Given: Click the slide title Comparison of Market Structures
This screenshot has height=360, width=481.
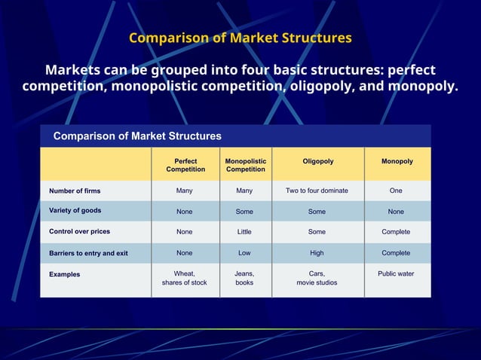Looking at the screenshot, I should tap(240, 38).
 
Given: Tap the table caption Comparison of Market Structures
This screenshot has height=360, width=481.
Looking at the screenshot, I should tap(136, 136).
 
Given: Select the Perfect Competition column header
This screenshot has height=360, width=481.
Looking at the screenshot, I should tap(185, 165).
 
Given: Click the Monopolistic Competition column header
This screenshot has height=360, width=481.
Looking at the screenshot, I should tap(245, 165).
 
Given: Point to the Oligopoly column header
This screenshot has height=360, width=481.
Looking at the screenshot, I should tap(317, 161).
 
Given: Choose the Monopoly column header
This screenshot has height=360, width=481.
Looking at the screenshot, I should tap(397, 161).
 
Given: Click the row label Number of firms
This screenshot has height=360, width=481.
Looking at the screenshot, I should tap(75, 191).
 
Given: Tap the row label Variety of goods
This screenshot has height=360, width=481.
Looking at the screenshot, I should tap(75, 211).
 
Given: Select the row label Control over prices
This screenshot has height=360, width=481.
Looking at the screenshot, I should tap(79, 231).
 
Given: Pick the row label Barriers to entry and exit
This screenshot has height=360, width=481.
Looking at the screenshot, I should tap(88, 253).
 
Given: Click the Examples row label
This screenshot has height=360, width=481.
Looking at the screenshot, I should tap(65, 274).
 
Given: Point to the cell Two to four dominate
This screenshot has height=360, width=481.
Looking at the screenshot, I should tap(317, 191).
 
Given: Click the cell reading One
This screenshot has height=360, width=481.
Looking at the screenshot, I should tap(396, 191).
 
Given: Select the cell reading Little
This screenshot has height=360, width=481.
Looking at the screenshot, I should tap(244, 232).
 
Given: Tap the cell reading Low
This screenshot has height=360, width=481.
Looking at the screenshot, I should tap(244, 253).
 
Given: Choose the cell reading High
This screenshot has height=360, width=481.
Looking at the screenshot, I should tap(317, 253).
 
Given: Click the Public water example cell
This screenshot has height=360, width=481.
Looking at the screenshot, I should tap(396, 274).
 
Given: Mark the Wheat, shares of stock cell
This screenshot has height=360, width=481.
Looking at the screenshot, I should tap(184, 278).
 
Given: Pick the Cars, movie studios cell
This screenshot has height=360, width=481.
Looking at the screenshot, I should tap(317, 278).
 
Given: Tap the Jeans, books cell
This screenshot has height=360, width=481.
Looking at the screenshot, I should tap(244, 278).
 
